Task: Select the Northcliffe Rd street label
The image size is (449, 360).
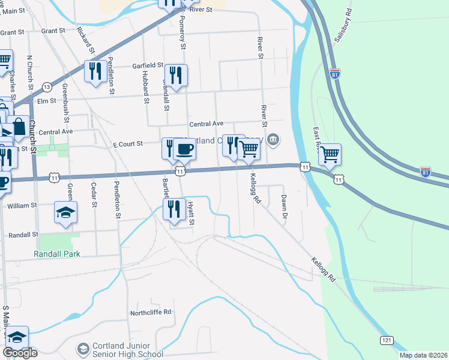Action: point(151,312)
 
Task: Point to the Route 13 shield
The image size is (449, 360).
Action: point(46,87)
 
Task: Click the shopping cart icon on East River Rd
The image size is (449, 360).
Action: point(330,155)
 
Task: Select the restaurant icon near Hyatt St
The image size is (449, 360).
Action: point(175,208)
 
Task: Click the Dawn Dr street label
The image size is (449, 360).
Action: point(285,208)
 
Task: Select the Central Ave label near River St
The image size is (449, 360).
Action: point(206,124)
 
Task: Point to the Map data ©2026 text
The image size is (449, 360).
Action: point(423,355)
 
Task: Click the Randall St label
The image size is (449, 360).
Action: point(23,235)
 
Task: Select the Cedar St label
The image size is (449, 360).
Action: point(94,196)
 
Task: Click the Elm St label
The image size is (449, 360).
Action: point(46,101)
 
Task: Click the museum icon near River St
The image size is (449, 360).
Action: point(273,140)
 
